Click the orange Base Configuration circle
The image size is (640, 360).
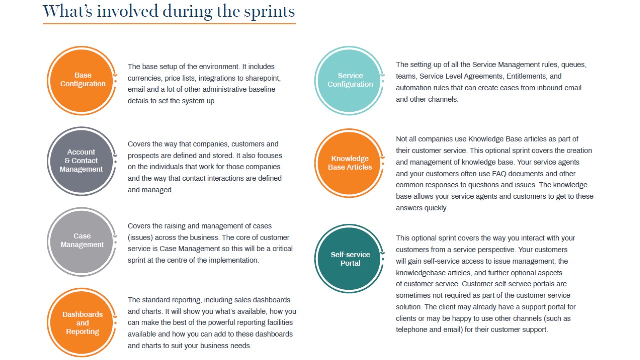point(83,80)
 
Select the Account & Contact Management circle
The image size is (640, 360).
point(81,161)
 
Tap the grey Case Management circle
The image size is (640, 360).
point(82,241)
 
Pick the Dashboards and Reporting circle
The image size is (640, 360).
point(83,323)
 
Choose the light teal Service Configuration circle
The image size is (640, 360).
point(350,80)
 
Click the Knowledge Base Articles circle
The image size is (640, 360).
point(350,163)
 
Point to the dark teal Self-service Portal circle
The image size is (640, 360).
point(350,259)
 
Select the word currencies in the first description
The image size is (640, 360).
point(144,78)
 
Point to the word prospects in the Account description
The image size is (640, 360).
point(143,155)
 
